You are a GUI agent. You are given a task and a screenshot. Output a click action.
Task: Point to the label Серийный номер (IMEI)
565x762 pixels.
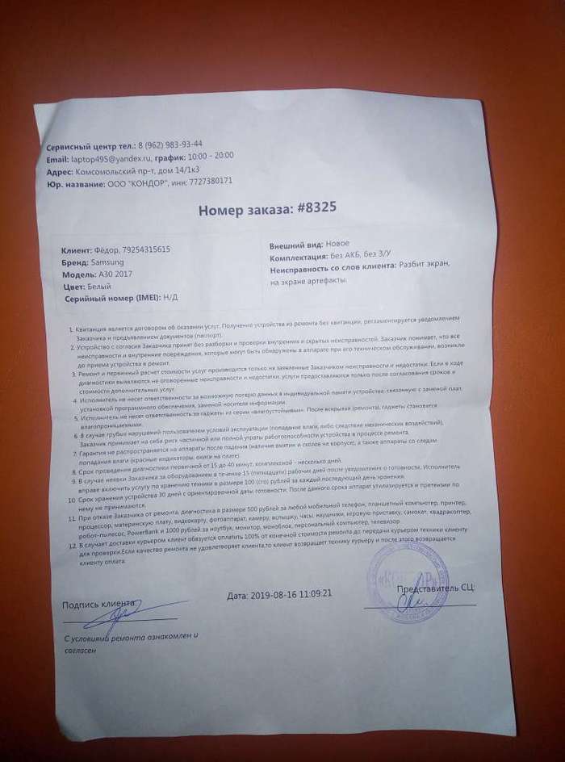point(112,299)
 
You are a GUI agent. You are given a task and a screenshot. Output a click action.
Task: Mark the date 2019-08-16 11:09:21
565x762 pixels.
point(280,595)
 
